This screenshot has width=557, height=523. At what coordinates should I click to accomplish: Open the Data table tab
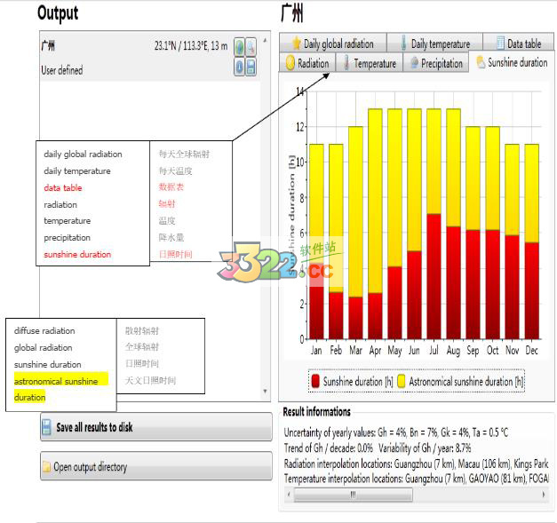pyautogui.click(x=517, y=43)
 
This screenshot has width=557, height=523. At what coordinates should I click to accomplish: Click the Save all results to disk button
pyautogui.click(x=156, y=427)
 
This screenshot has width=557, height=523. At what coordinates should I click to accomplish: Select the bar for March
pyautogui.click(x=355, y=240)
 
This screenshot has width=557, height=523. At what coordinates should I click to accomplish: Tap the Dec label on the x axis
pyautogui.click(x=532, y=351)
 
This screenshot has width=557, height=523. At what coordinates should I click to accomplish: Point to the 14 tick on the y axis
pyautogui.click(x=299, y=91)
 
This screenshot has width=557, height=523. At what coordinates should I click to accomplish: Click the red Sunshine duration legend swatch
pyautogui.click(x=315, y=381)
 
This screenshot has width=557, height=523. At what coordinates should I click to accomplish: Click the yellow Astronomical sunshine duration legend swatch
pyautogui.click(x=401, y=381)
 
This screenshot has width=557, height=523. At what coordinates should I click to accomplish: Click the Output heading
pyautogui.click(x=58, y=12)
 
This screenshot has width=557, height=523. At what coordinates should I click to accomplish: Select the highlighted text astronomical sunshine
pyautogui.click(x=56, y=381)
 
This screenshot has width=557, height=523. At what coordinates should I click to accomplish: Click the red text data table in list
pyautogui.click(x=63, y=187)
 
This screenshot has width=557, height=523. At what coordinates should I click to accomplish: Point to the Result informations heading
pyautogui.click(x=316, y=412)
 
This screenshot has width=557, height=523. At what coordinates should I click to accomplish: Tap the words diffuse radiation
pyautogui.click(x=44, y=331)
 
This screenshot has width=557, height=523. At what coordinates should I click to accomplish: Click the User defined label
pyautogui.click(x=61, y=70)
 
